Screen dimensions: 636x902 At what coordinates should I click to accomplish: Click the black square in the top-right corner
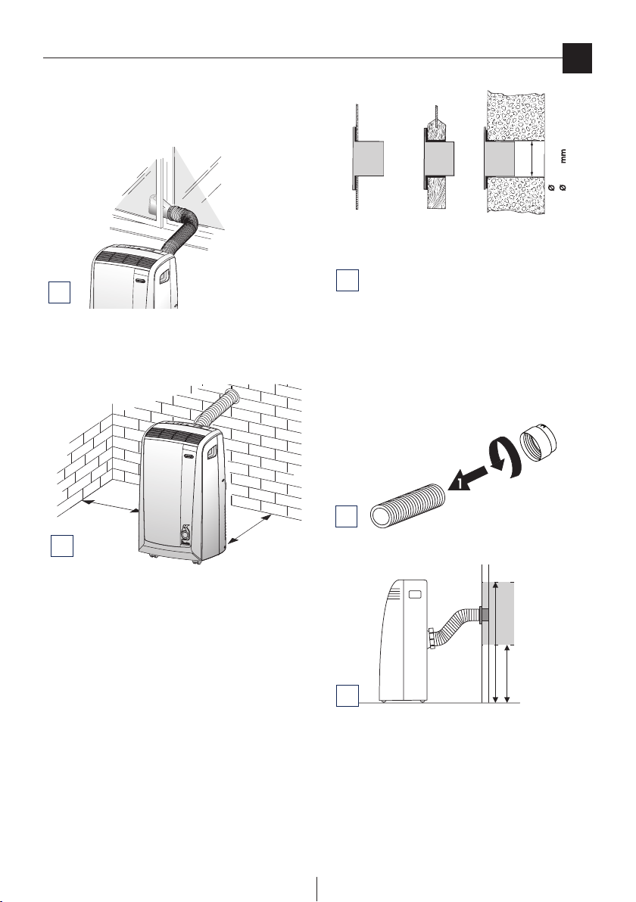click(x=577, y=59)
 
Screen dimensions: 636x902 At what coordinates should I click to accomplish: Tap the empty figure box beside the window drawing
click(x=59, y=291)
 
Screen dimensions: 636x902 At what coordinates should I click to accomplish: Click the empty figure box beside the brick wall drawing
click(x=61, y=546)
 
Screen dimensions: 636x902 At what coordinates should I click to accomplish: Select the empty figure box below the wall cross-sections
click(x=347, y=279)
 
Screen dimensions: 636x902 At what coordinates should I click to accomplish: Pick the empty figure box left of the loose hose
click(x=347, y=516)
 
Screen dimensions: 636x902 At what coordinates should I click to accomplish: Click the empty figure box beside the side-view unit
click(x=347, y=695)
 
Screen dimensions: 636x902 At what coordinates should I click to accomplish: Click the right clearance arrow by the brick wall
click(x=249, y=529)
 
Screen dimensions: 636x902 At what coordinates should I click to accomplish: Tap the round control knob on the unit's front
click(x=187, y=532)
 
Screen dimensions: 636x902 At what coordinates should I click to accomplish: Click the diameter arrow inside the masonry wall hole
click(x=532, y=160)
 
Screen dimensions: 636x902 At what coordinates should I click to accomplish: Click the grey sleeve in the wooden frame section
click(x=441, y=159)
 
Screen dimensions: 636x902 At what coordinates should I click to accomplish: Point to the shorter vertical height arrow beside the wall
click(x=507, y=673)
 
